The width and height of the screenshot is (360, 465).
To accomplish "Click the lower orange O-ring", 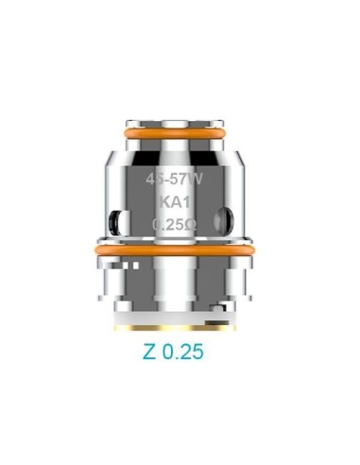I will [180, 250].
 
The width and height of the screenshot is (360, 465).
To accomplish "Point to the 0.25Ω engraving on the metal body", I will [179, 224].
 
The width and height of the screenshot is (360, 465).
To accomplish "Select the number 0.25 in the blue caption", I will [186, 353].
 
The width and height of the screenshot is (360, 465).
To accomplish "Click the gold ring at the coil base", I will [180, 329].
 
